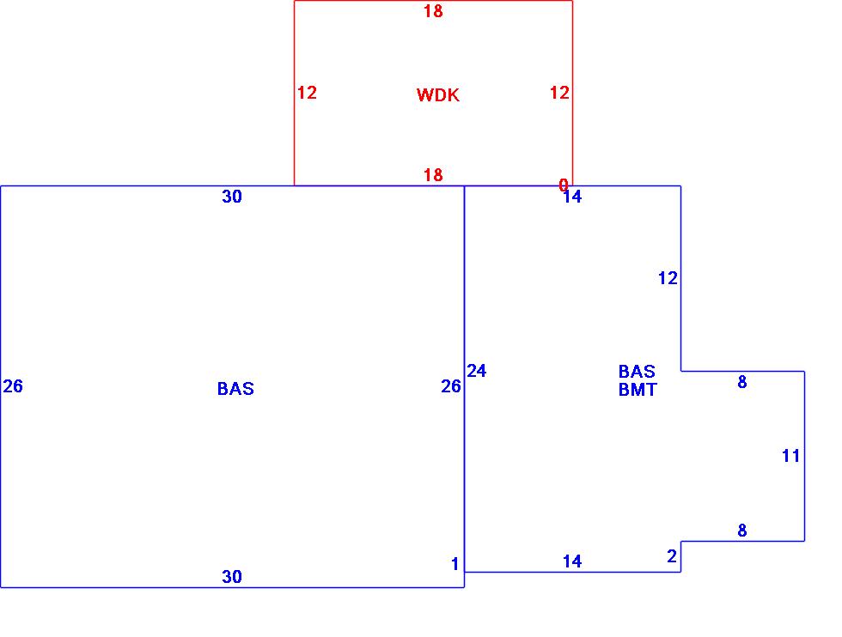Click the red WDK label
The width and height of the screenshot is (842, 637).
pyautogui.click(x=438, y=95)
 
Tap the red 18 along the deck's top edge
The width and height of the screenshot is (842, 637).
pyautogui.click(x=433, y=12)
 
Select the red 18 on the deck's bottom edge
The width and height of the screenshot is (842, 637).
pyautogui.click(x=433, y=175)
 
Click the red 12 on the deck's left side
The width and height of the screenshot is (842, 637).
pyautogui.click(x=307, y=93)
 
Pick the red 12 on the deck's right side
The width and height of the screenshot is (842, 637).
pyautogui.click(x=559, y=93)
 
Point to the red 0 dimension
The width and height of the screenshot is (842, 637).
pyautogui.click(x=564, y=185)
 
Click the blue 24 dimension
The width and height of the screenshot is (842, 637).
pyautogui.click(x=477, y=371)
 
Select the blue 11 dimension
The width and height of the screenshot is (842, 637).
pyautogui.click(x=790, y=456)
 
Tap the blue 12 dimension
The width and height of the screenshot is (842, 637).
pyautogui.click(x=668, y=278)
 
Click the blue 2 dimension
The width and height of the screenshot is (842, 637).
pyautogui.click(x=672, y=557)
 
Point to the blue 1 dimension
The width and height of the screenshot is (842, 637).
pyautogui.click(x=455, y=564)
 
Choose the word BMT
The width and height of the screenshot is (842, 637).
pyautogui.click(x=637, y=390)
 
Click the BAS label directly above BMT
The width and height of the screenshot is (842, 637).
pyautogui.click(x=637, y=372)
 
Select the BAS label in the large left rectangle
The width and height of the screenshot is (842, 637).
pyautogui.click(x=235, y=389)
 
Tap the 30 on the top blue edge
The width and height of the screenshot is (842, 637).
pyautogui.click(x=232, y=197)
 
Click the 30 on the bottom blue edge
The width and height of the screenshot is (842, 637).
pyautogui.click(x=232, y=577)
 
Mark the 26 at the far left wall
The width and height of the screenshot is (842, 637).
pyautogui.click(x=13, y=386)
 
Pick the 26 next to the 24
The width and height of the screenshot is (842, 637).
pyautogui.click(x=451, y=386)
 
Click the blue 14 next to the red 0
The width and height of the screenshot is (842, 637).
pyautogui.click(x=572, y=197)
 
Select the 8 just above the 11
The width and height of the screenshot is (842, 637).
pyautogui.click(x=742, y=383)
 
